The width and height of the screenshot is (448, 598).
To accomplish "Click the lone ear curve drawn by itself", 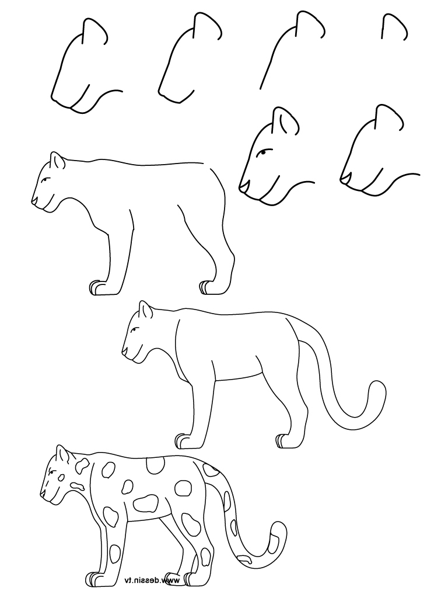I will click(393, 26).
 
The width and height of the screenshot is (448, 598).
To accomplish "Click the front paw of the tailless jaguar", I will click(98, 287).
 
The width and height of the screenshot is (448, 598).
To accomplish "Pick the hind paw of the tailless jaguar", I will click(208, 287).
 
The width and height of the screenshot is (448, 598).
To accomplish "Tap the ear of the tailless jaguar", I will click(57, 160).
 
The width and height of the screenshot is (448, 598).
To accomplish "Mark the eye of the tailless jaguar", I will click(47, 179).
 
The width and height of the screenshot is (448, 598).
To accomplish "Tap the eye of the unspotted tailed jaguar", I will click(135, 330).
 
